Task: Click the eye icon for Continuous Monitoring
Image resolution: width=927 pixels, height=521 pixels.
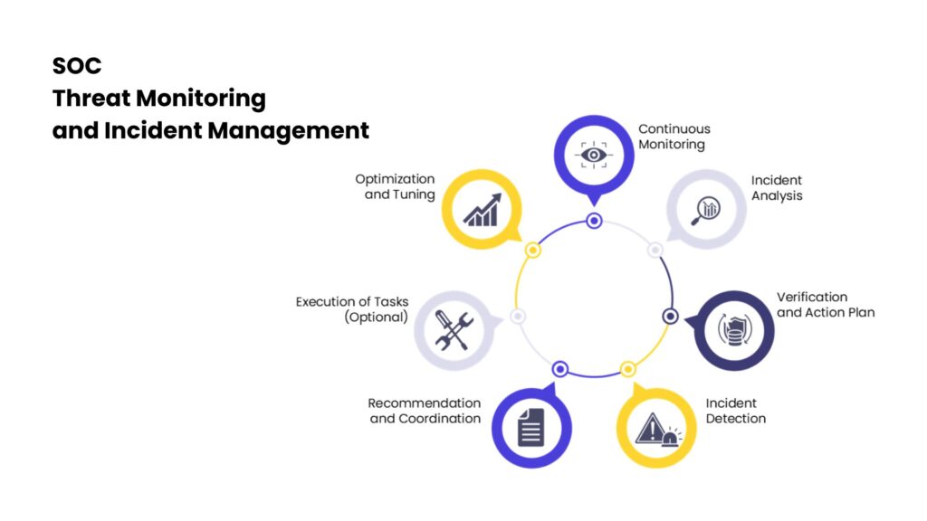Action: click(594, 155)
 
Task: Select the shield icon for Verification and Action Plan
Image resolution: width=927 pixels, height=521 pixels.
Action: click(735, 330)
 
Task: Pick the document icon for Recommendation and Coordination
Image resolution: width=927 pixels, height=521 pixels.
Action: click(530, 427)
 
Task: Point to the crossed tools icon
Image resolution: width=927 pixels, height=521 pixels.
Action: click(454, 330)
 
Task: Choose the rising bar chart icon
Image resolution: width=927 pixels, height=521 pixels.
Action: click(482, 210)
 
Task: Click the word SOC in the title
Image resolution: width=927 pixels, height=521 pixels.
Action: click(77, 65)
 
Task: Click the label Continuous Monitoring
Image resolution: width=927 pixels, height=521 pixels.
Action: click(674, 137)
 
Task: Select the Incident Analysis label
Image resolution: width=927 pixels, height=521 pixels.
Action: click(777, 188)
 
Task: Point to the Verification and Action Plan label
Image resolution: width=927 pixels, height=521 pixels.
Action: click(826, 305)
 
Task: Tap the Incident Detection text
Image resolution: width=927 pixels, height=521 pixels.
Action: click(735, 411)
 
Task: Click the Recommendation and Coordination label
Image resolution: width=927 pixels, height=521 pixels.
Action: click(425, 411)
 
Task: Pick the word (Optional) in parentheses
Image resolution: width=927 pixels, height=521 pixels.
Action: click(377, 317)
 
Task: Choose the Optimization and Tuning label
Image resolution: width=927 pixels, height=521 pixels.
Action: click(395, 186)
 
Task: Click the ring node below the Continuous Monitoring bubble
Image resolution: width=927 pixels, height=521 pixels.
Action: click(594, 221)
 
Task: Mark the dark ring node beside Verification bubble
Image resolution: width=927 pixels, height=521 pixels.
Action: click(670, 316)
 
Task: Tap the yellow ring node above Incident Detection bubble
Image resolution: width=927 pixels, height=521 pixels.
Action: click(628, 369)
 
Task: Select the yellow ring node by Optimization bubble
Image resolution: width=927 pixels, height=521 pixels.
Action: click(532, 251)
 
